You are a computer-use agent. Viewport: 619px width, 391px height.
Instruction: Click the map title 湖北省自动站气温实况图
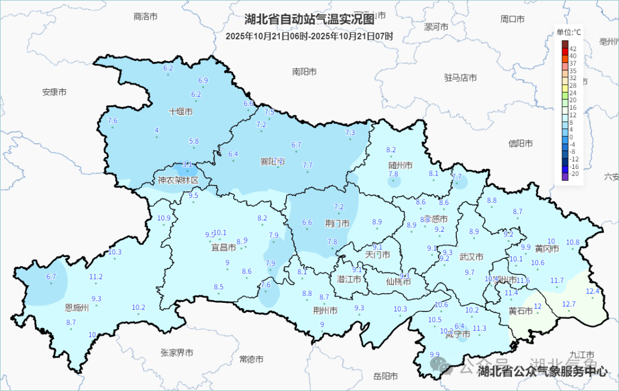click(309, 19)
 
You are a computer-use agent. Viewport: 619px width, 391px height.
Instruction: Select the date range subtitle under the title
click(309, 36)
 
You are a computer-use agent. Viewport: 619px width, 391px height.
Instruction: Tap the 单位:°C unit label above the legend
click(568, 33)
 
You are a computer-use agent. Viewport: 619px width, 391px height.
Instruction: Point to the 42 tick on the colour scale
click(573, 49)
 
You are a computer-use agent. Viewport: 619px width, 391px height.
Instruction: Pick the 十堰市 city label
click(180, 112)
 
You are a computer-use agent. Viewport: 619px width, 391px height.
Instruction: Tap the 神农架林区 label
click(178, 180)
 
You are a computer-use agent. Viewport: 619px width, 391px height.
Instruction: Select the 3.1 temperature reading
click(187, 164)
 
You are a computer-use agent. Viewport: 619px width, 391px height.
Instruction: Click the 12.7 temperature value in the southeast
click(569, 303)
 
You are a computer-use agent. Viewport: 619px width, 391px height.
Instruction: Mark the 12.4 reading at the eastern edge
click(592, 291)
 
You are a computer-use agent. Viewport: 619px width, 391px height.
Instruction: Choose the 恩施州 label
click(77, 308)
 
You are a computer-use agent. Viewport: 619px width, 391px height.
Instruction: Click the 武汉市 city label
click(471, 256)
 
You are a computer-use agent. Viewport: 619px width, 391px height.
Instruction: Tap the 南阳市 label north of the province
click(304, 72)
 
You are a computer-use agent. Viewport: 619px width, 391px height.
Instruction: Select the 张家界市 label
click(177, 352)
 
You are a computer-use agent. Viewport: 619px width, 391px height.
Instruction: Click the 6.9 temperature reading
click(203, 80)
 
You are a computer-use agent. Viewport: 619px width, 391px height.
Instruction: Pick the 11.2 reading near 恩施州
click(96, 277)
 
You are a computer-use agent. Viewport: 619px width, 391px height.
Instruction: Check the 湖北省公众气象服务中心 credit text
click(542, 372)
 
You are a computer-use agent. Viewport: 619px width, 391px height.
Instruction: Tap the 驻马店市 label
click(460, 78)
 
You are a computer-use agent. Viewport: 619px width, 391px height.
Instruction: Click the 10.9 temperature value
click(164, 218)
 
